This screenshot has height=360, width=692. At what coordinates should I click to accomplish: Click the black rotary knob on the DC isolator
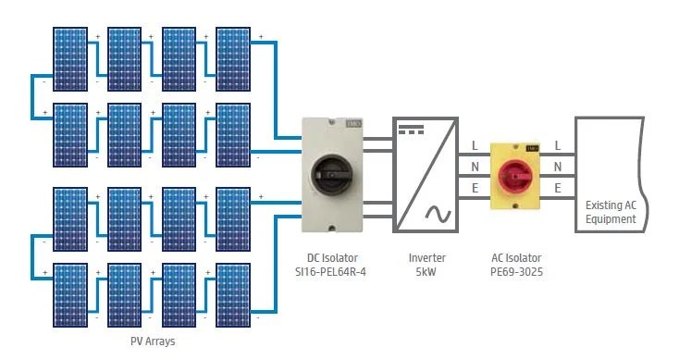[331, 175]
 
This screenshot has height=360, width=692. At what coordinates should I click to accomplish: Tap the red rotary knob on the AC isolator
[515, 176]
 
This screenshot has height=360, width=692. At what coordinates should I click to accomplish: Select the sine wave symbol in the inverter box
[438, 214]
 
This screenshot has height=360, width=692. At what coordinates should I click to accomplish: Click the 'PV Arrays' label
[153, 341]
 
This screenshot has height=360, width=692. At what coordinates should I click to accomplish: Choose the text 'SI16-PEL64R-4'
[330, 272]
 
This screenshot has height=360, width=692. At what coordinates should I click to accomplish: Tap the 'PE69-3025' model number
[516, 272]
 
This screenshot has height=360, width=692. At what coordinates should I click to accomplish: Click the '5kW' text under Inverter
[426, 272]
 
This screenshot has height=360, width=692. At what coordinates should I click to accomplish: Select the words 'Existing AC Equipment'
[611, 212]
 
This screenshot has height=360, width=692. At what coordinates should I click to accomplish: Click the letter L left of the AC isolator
[475, 145]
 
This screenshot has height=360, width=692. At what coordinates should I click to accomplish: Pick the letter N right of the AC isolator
[558, 167]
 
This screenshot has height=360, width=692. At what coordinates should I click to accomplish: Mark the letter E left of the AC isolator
[475, 188]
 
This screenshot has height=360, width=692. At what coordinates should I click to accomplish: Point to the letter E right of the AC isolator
[558, 188]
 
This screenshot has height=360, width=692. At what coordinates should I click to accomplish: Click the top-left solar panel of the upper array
[70, 59]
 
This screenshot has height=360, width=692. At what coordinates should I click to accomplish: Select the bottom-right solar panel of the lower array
[233, 295]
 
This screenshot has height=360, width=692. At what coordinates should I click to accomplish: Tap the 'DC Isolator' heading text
[332, 257]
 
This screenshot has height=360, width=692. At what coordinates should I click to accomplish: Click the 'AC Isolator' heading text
[516, 257]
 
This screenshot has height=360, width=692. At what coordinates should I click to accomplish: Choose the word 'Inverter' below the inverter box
[427, 257]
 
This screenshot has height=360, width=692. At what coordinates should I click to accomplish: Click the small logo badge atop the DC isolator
[354, 124]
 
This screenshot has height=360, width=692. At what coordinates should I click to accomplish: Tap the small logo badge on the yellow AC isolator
[532, 148]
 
